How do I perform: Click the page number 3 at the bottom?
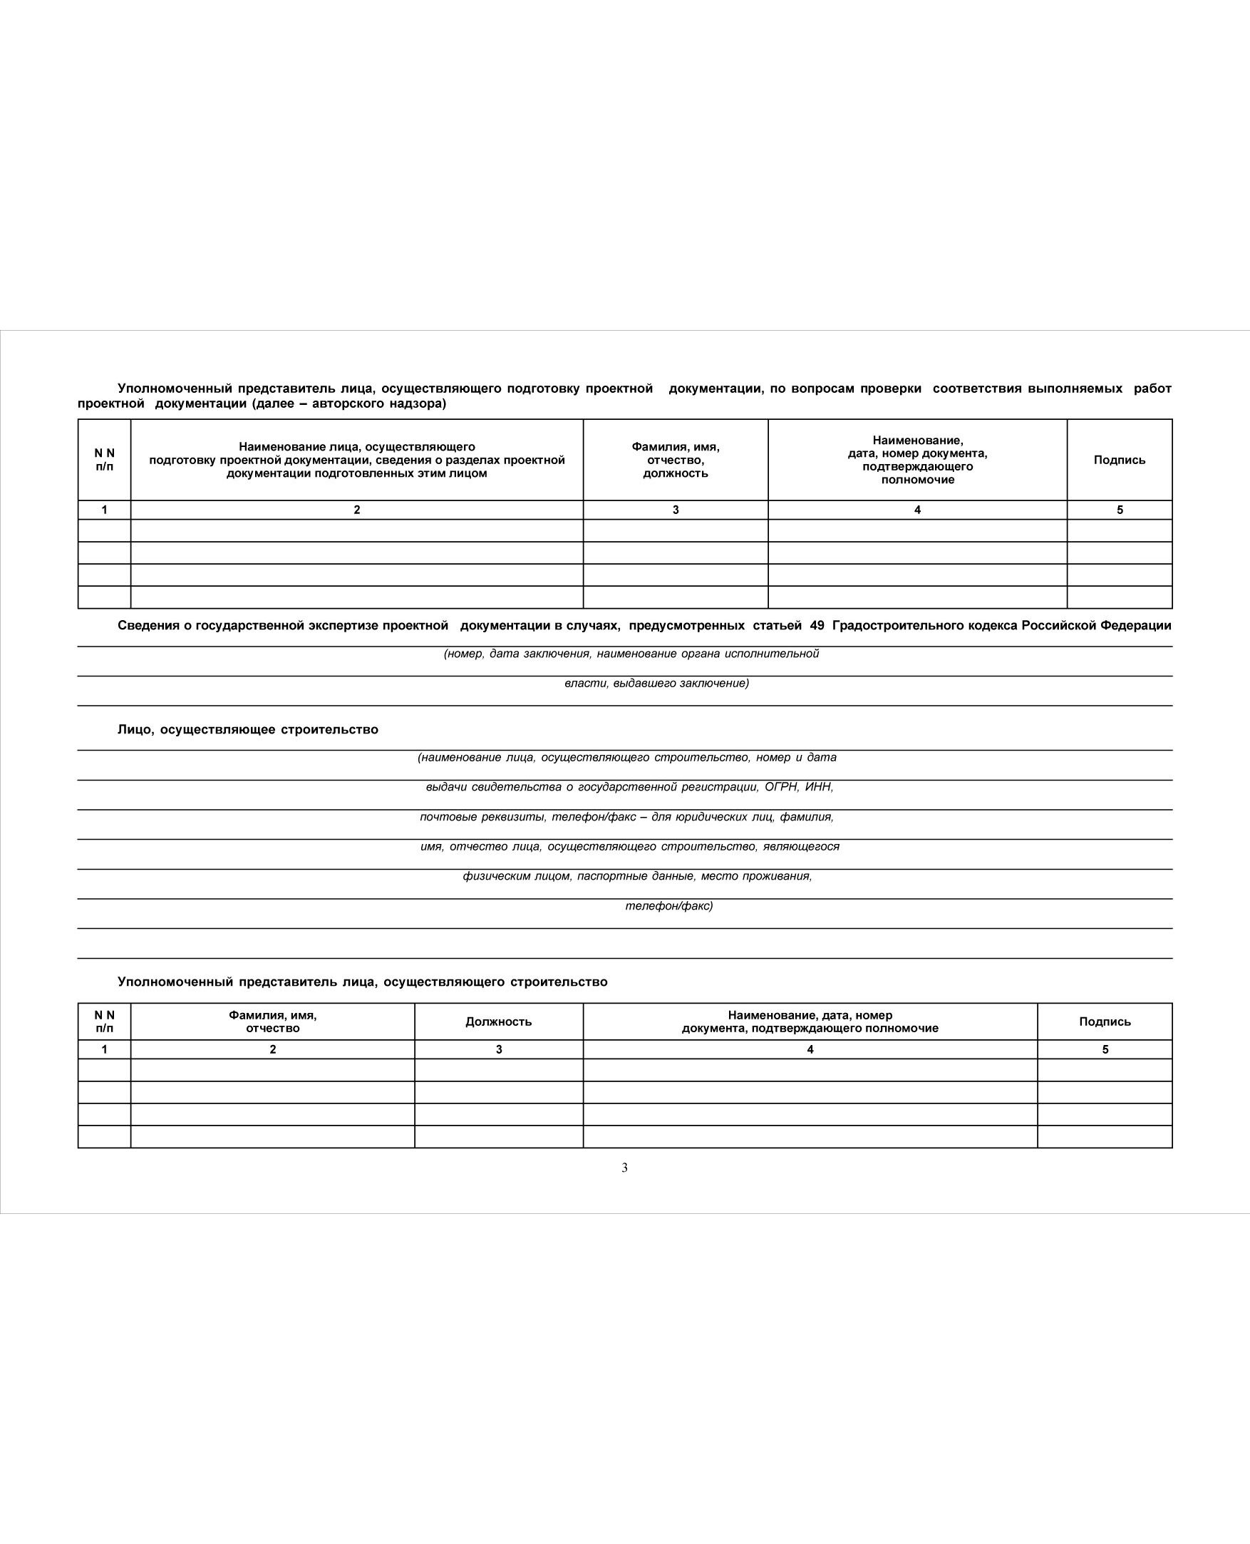[x=624, y=1168]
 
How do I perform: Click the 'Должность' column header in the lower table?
[x=498, y=1021]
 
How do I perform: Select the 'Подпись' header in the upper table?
[x=1119, y=460]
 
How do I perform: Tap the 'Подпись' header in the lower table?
[x=1105, y=1021]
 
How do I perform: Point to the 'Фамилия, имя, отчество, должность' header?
[x=676, y=460]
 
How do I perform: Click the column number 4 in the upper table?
[x=917, y=510]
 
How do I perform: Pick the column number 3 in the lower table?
[x=498, y=1049]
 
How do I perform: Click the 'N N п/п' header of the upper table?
[x=105, y=460]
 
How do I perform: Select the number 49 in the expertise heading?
[x=817, y=625]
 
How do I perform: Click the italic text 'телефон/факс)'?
[x=669, y=905]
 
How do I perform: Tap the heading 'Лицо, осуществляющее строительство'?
[x=248, y=729]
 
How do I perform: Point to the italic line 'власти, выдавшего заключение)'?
[x=656, y=683]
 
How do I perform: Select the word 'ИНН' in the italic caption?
[x=818, y=786]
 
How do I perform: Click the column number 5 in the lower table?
[x=1105, y=1049]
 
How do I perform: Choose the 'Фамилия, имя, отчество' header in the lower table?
[x=272, y=1021]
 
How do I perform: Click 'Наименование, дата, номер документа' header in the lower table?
[x=810, y=1021]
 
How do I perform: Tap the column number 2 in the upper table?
[x=356, y=510]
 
